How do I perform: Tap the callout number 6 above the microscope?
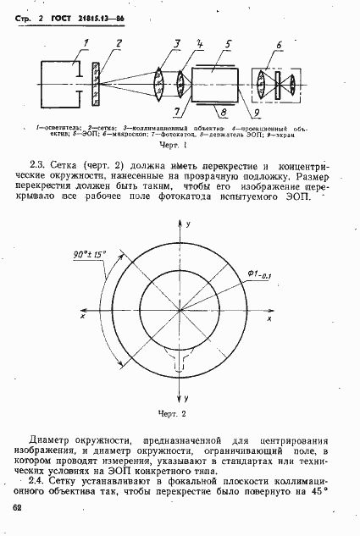pyautogui.click(x=279, y=45)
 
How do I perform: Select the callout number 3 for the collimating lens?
pyautogui.click(x=175, y=43)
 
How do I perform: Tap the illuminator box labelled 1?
pyautogui.click(x=58, y=85)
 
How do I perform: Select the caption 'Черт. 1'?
pyautogui.click(x=180, y=144)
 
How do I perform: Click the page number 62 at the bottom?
pyautogui.click(x=18, y=506)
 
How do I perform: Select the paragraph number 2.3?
pyautogui.click(x=36, y=164)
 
